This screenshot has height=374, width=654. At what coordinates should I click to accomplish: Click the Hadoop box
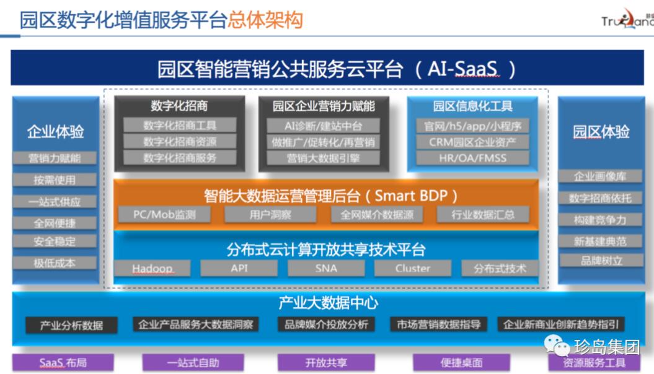152,268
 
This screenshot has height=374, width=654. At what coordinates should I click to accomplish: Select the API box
239,268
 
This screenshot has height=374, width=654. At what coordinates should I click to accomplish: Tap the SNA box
326,268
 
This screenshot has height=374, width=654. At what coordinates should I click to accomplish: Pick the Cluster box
413,268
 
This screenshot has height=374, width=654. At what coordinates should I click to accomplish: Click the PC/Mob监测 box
164,215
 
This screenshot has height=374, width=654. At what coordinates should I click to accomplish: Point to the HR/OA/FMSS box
468,157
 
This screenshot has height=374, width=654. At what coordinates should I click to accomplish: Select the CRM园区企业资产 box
468,142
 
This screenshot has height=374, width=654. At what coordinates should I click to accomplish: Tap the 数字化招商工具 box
180,126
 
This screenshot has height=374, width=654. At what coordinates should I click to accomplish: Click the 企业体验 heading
55,131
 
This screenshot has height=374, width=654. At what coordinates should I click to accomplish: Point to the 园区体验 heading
601,131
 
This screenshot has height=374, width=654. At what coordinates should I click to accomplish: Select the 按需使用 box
55,180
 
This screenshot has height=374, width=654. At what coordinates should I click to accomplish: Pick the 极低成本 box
55,263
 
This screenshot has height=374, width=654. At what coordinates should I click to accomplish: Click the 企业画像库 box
600,176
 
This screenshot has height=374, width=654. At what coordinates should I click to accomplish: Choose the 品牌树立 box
600,261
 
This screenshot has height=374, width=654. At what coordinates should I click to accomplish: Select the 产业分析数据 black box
72,325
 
